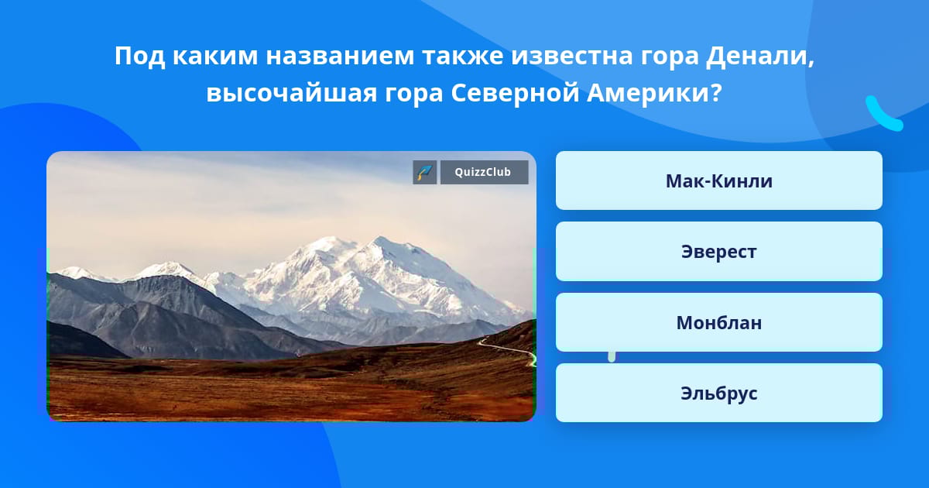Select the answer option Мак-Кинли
click(x=718, y=180)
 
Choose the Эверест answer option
click(x=718, y=252)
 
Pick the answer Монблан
click(x=718, y=322)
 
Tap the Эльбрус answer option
click(x=718, y=393)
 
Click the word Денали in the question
click(x=757, y=57)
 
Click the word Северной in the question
click(x=515, y=93)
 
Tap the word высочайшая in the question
click(x=292, y=95)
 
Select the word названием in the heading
click(x=340, y=57)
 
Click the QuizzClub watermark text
click(x=483, y=172)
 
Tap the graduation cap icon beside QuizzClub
click(x=425, y=172)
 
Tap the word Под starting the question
click(x=140, y=57)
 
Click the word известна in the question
click(x=572, y=57)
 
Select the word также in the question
click(x=463, y=57)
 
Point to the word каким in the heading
click(x=215, y=57)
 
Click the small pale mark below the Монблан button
click(x=612, y=356)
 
